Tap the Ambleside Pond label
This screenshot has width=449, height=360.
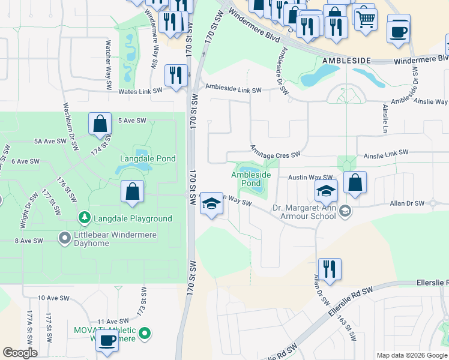pos(251,178)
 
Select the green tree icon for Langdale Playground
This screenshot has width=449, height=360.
pos(82,217)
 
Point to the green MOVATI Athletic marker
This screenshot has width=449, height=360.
pos(144,333)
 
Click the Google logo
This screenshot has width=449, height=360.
pos(20,353)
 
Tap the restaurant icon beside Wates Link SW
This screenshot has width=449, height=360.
pos(175,76)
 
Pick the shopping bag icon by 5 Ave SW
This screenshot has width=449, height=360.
pos(100,124)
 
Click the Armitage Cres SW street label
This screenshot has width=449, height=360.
pos(275,155)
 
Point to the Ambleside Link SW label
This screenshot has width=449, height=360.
pos(234,90)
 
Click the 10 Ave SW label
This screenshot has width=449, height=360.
pos(50,298)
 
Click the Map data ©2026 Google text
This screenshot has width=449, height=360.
pos(412,355)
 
